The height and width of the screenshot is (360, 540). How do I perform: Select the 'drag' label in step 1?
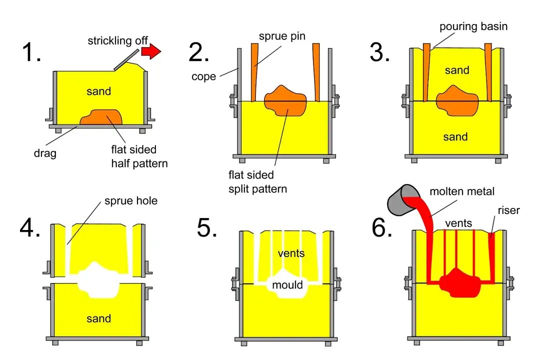(45, 153)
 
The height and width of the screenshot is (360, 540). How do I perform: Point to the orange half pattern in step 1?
(102, 117)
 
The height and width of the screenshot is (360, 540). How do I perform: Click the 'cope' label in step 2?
(203, 76)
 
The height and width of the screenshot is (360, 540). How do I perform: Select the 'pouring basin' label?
(473, 26)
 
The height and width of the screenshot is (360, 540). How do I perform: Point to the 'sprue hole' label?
(130, 201)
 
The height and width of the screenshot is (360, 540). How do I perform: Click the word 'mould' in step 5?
(287, 285)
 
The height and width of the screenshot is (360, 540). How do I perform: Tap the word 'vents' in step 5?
(291, 253)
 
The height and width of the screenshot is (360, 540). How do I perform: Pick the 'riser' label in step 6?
(508, 210)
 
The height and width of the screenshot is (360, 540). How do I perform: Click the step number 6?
(382, 227)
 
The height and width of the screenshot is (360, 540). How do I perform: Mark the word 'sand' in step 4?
(98, 318)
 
